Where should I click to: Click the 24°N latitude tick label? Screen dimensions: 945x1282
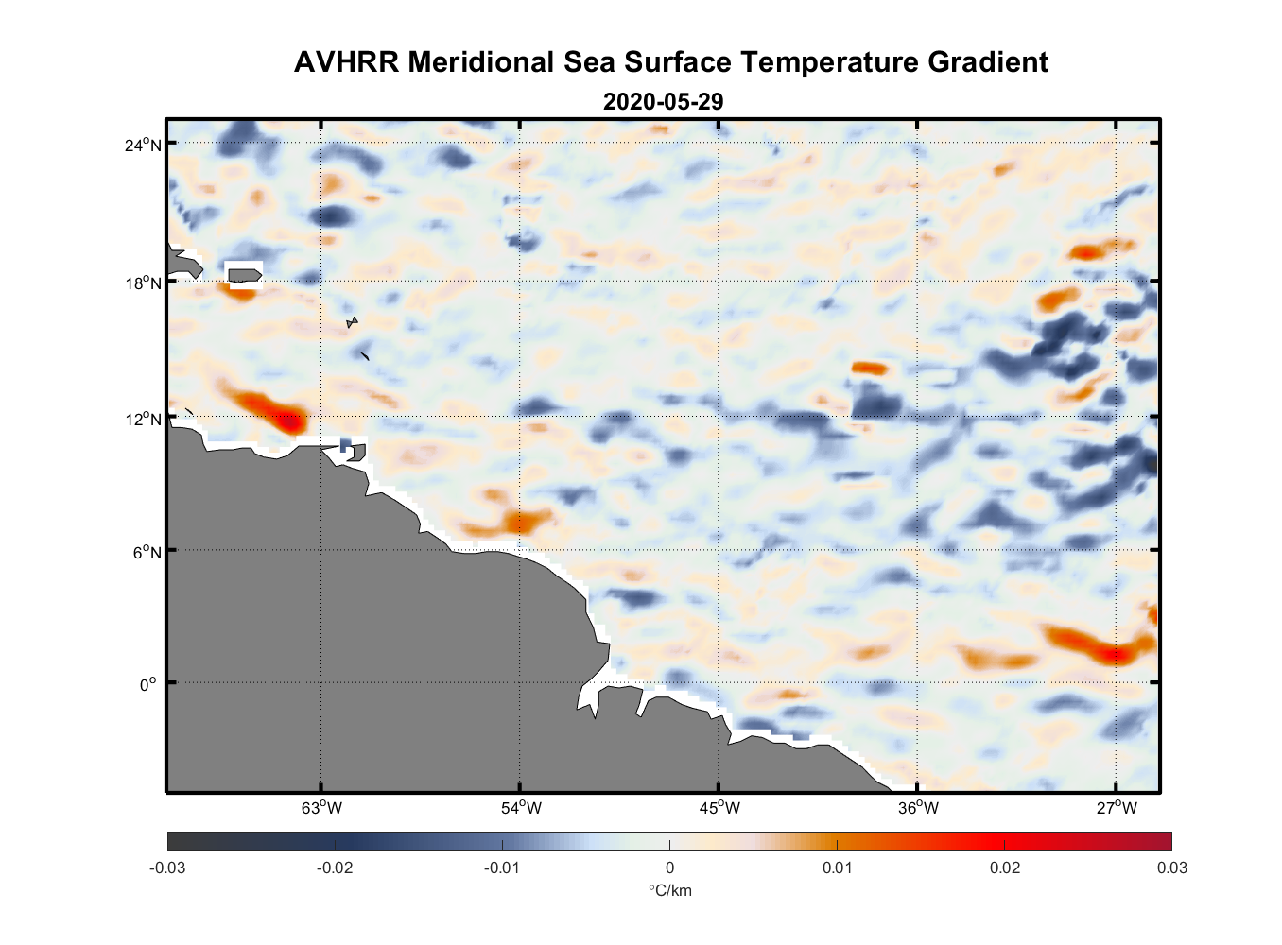143,145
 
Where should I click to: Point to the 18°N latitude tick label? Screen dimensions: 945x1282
143,283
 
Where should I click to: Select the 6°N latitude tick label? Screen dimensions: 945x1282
147,552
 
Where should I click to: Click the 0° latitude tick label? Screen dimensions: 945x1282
148,684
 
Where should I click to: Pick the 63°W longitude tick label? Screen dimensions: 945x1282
321,808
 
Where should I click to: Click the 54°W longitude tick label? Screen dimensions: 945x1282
521,808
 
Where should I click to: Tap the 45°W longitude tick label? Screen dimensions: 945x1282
719,808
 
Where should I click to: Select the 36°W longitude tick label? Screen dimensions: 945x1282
918,808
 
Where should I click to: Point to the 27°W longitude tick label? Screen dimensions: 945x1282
1117,808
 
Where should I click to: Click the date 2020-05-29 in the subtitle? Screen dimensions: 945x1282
663,102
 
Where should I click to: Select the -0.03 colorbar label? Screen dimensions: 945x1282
167,868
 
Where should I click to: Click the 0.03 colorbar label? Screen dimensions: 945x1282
1171,868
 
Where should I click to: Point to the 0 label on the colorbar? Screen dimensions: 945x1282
669,868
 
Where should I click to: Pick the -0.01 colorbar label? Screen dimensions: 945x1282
502,868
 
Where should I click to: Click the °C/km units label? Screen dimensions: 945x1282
669,891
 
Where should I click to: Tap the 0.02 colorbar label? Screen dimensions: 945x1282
1004,868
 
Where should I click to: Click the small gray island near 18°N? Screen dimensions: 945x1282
244,276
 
